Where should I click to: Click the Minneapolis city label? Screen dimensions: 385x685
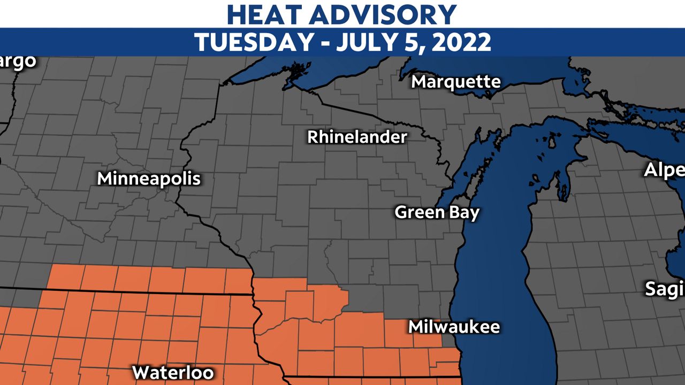click(149, 179)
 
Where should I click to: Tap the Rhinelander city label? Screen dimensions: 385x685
click(357, 137)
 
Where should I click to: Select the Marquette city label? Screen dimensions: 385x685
click(456, 82)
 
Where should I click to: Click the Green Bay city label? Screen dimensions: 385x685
click(437, 212)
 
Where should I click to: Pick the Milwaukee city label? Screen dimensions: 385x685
click(454, 327)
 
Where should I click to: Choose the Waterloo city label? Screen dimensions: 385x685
click(173, 372)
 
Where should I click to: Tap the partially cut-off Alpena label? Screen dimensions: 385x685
click(664, 170)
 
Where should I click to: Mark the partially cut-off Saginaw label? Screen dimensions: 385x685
click(665, 289)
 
